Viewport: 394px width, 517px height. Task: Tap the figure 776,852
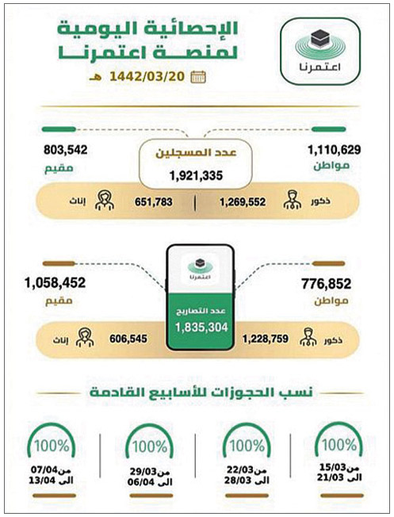pos(327,281)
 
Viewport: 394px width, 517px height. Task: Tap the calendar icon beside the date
pos(200,77)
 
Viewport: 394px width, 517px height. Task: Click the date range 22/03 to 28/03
pos(246,477)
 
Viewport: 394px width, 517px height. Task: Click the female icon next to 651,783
pos(102,201)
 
